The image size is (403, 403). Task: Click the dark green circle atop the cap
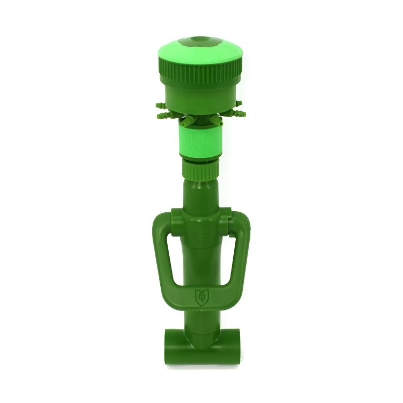(200, 40)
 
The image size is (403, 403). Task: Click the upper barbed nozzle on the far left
(160, 104)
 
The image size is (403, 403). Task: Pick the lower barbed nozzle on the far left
(162, 115)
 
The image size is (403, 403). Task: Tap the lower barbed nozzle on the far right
(240, 114)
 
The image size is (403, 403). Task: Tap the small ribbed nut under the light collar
(200, 170)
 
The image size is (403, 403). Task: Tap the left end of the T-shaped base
(171, 347)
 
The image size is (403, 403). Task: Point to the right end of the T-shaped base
(232, 347)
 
